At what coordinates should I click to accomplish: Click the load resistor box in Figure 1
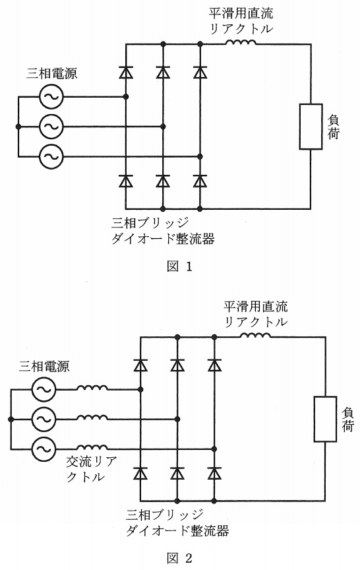tap(311, 127)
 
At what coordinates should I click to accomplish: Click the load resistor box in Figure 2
tap(325, 419)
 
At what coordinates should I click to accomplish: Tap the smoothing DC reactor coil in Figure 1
tap(241, 42)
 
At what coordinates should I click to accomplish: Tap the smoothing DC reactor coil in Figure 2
tap(255, 334)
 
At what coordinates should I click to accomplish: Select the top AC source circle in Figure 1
tap(51, 97)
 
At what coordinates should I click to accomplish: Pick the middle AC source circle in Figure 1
tap(51, 127)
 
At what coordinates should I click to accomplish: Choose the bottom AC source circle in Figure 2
tap(44, 449)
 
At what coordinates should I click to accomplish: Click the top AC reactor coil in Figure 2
tap(92, 387)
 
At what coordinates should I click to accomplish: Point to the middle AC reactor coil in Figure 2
tap(92, 418)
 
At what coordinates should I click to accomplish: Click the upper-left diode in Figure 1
tap(126, 73)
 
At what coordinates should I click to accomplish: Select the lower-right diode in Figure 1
tap(200, 181)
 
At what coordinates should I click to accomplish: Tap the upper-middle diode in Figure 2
tap(177, 365)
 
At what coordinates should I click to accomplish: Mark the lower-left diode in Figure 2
tap(140, 473)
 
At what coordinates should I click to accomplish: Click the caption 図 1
tap(179, 267)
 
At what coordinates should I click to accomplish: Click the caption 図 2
tap(179, 558)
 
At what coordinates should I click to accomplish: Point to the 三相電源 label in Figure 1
tap(51, 74)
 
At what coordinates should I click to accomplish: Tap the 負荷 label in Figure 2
tap(347, 419)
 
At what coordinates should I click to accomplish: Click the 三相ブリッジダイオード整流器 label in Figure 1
tap(163, 231)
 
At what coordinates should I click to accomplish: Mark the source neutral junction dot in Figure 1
tap(18, 127)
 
